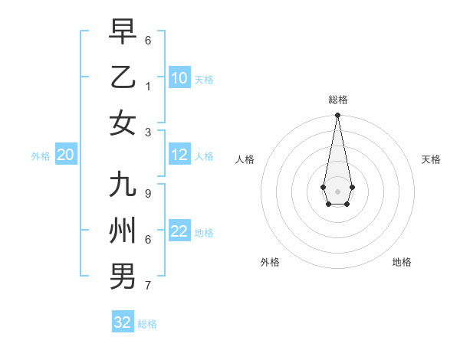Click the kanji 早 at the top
tap(123, 32)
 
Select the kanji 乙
tap(123, 77)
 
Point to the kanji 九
tap(123, 185)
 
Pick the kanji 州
tap(123, 230)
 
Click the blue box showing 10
tap(179, 77)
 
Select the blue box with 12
tap(179, 155)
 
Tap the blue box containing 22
tap(179, 231)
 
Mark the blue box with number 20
tap(65, 155)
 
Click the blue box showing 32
tap(123, 322)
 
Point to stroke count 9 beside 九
tap(148, 194)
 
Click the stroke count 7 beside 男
tap(148, 286)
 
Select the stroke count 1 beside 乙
tap(148, 86)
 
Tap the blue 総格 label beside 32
tap(147, 324)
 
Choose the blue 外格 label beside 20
tap(41, 156)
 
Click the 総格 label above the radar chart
tap(337, 100)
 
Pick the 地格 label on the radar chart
tap(402, 262)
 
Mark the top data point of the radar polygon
tap(337, 116)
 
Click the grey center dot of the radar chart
tap(337, 191)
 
